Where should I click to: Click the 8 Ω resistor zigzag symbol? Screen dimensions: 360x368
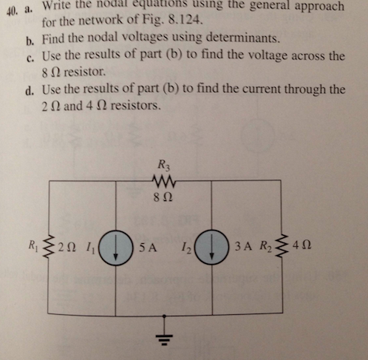[165, 183]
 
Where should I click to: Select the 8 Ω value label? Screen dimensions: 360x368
[165, 197]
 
